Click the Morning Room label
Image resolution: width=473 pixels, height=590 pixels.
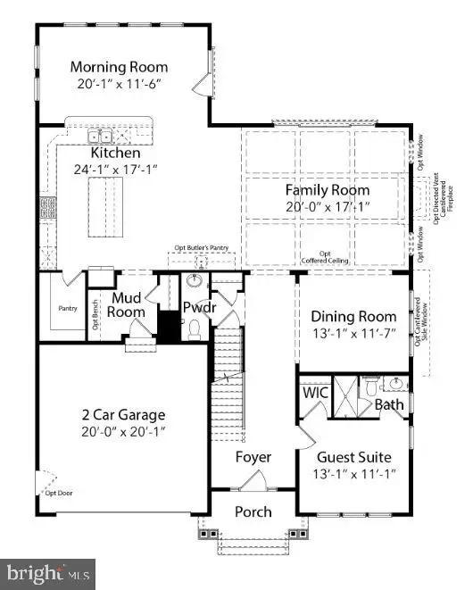(119, 67)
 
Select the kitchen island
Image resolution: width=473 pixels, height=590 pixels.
(106, 206)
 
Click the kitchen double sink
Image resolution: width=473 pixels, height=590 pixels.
(99, 137)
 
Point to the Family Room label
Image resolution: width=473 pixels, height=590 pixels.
(328, 190)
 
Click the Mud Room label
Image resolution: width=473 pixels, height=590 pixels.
(126, 305)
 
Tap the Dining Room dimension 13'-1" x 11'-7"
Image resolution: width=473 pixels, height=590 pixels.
(353, 334)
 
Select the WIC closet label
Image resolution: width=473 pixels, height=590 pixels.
(315, 392)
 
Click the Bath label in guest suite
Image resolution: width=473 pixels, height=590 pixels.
(389, 404)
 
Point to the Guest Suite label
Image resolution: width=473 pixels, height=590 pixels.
(354, 454)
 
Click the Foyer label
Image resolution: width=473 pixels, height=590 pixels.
(253, 457)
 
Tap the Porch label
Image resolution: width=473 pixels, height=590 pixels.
(253, 511)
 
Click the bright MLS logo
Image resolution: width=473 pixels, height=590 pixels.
(49, 571)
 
